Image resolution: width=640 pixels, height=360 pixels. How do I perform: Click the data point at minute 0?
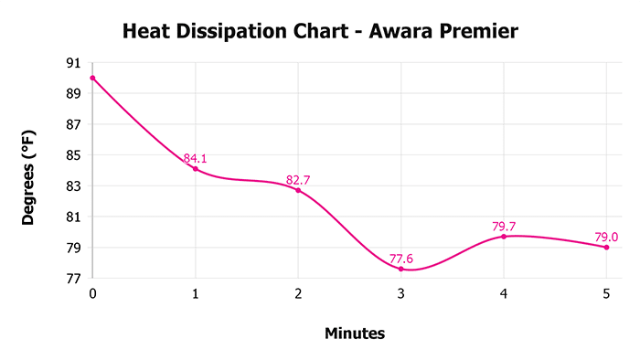[92, 78]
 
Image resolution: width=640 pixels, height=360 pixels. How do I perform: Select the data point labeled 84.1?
[195, 169]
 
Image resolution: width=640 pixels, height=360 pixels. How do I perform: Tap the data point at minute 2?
[298, 190]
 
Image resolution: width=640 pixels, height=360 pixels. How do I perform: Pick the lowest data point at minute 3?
[400, 269]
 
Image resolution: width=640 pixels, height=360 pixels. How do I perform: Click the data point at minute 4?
[504, 237]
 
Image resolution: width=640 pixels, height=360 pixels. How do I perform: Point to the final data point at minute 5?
[606, 248]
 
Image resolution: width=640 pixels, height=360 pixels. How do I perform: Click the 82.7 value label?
[298, 180]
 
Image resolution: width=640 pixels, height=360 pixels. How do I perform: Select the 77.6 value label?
[400, 259]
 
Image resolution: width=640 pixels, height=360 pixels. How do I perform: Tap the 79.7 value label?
[504, 226]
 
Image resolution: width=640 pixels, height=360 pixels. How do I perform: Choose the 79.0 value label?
[606, 237]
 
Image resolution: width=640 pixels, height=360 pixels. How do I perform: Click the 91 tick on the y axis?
[73, 63]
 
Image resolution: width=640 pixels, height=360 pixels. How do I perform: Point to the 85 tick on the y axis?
[73, 155]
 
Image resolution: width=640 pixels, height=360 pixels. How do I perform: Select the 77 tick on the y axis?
[73, 279]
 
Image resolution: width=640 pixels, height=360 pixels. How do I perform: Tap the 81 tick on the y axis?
[73, 217]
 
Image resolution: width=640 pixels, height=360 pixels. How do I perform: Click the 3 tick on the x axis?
[400, 294]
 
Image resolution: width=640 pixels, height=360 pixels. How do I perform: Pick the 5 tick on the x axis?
[606, 294]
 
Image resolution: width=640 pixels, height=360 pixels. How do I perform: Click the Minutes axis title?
[355, 334]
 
